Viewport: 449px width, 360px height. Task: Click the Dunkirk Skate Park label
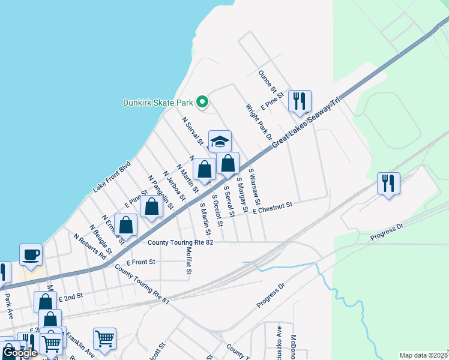click(x=158, y=103)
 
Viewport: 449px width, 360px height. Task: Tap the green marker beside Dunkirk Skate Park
click(x=202, y=103)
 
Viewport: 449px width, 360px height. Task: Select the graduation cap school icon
click(x=220, y=142)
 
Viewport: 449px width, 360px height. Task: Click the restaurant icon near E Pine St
click(x=300, y=101)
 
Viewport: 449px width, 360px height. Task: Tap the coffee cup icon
click(x=31, y=254)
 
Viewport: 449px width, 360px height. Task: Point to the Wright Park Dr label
click(x=259, y=123)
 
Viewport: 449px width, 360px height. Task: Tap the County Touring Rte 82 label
click(x=181, y=242)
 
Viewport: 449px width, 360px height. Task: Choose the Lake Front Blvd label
click(x=112, y=176)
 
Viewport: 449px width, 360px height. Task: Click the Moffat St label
click(x=188, y=262)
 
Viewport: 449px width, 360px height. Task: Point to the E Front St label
click(x=141, y=262)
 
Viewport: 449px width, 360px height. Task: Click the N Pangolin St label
click(x=160, y=193)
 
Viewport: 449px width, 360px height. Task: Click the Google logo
click(x=20, y=353)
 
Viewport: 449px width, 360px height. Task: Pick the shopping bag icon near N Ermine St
click(x=126, y=225)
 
